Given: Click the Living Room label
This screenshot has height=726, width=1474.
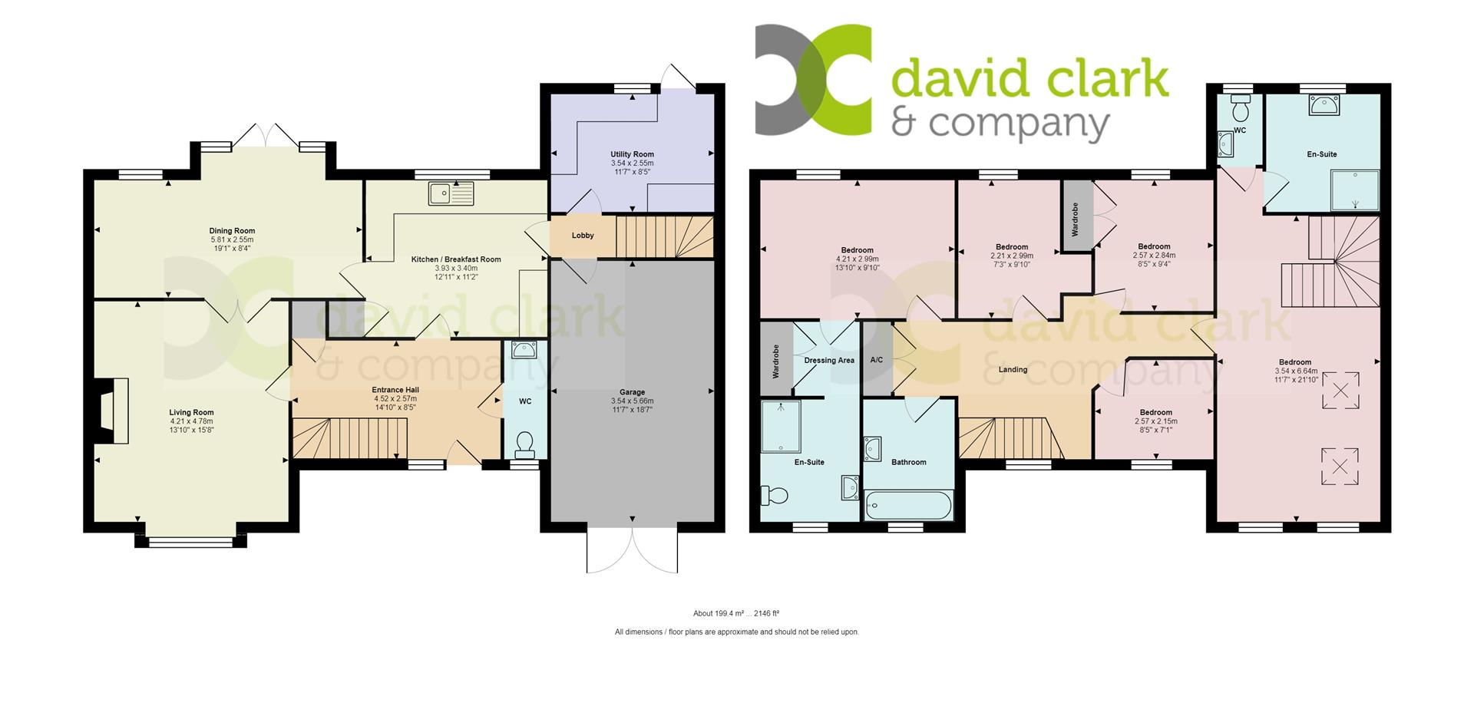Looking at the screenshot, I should (x=192, y=412).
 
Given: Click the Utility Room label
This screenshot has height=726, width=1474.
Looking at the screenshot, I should (x=632, y=154).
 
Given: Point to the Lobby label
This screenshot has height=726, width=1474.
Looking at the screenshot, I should (x=583, y=236).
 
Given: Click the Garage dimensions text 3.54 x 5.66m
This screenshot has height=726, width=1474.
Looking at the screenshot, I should (x=632, y=401).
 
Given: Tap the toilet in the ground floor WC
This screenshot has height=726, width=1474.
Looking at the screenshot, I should (x=525, y=444).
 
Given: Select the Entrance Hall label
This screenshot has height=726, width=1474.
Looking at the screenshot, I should (x=395, y=390).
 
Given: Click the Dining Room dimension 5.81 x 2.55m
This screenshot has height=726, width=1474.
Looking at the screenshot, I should (x=232, y=239).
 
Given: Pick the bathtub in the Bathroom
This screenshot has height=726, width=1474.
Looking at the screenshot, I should (x=908, y=506).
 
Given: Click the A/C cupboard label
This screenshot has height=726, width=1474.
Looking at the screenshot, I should (x=876, y=360).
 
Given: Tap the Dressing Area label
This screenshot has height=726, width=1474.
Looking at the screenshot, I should (x=829, y=360).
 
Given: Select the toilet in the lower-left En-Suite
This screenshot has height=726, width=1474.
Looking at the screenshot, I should (x=774, y=495).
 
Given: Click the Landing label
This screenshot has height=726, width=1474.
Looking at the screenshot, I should (x=1013, y=369).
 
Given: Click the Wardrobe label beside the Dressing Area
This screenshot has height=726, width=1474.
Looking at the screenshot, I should (x=775, y=360).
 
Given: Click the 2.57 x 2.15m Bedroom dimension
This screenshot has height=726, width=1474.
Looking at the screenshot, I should (x=1155, y=421).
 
